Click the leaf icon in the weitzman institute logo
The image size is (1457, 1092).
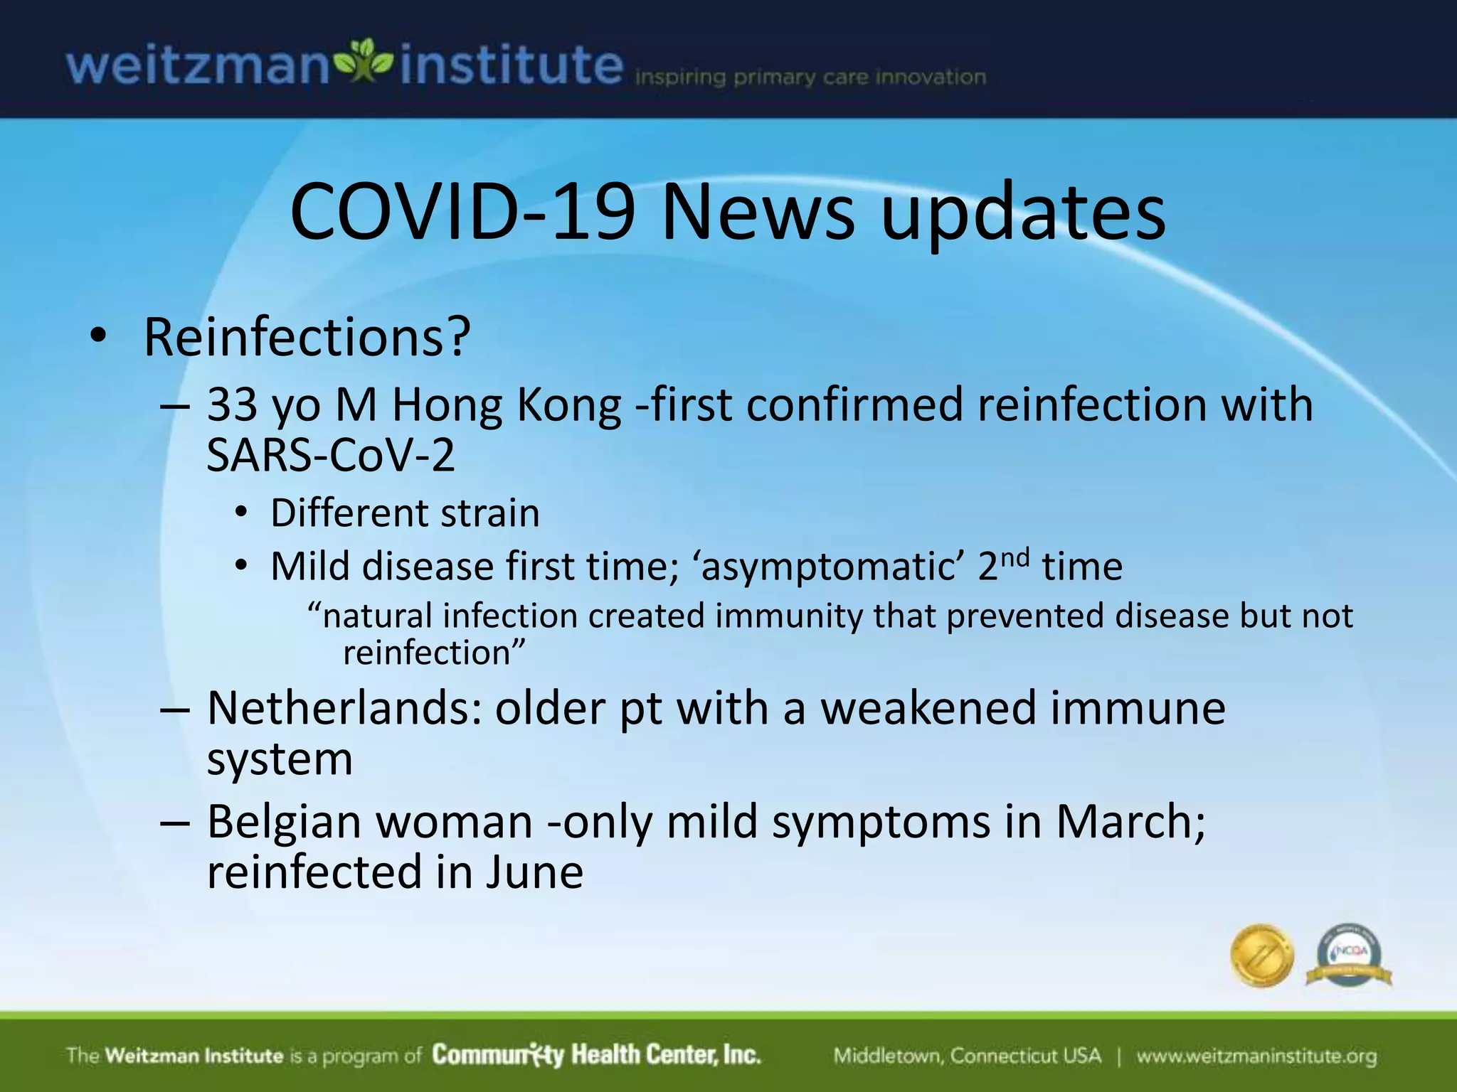coord(364,63)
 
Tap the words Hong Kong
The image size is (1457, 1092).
coord(507,405)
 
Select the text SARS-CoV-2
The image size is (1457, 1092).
coord(330,455)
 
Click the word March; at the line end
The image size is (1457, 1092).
coord(1130,822)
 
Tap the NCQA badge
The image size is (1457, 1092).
coord(1349,955)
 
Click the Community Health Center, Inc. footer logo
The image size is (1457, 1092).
coord(596,1055)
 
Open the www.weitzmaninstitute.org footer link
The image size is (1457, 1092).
coord(1256,1056)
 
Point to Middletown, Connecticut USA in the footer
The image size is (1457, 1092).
coord(967,1056)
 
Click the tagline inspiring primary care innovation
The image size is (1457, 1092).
coord(810,77)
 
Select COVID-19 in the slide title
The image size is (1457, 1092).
coord(462,212)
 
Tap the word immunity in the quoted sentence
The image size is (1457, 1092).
coord(789,616)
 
